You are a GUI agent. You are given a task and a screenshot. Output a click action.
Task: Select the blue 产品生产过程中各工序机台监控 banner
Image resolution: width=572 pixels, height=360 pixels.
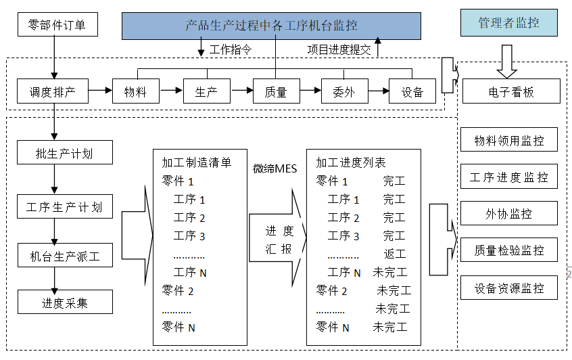271,26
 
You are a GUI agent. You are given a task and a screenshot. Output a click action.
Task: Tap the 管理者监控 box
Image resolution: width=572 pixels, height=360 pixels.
509,23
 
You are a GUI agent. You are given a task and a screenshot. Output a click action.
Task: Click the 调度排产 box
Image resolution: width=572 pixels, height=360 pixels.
52,91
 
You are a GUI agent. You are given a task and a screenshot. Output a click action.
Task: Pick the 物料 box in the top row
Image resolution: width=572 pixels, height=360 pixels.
135,91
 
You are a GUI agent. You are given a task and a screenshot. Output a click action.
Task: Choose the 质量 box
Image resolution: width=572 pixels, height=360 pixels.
275,91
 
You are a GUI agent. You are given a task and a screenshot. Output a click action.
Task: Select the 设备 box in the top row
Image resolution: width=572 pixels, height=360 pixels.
412,91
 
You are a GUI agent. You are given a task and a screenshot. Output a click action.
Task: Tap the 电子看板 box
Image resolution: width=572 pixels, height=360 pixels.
510,91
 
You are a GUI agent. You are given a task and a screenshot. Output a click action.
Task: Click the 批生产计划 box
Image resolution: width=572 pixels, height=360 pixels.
64,153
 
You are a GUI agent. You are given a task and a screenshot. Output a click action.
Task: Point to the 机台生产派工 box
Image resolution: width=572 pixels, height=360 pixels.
64,256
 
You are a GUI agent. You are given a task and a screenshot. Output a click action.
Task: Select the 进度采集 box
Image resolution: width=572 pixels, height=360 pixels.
64,302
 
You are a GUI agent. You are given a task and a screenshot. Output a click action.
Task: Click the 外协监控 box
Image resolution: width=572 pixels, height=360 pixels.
508,214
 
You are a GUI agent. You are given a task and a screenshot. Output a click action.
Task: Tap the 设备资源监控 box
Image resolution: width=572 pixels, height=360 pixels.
508,288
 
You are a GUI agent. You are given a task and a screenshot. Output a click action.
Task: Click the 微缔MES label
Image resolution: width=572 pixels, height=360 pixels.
275,168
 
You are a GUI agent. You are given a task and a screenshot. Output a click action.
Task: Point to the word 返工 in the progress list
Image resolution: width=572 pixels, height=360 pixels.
394,254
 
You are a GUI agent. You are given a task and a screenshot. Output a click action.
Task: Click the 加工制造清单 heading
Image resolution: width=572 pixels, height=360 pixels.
196,163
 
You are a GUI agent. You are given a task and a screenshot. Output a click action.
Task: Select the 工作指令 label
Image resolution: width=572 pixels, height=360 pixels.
230,49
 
